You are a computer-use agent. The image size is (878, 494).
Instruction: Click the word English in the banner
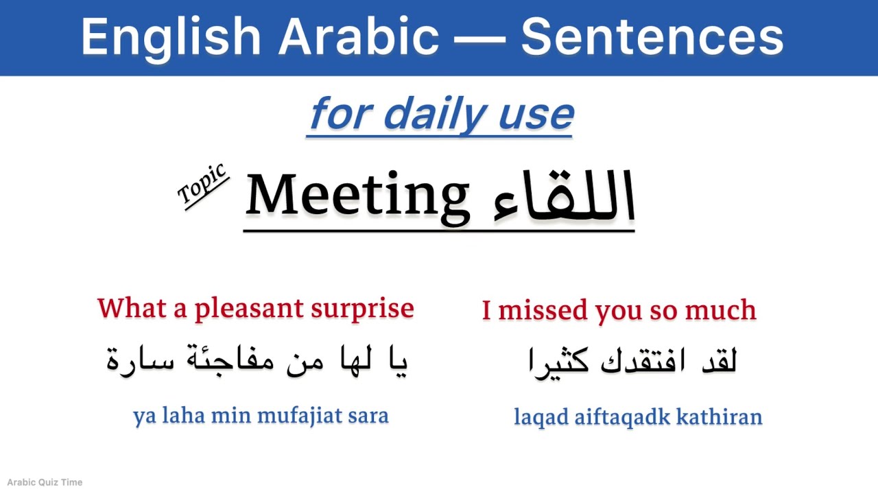pyautogui.click(x=171, y=37)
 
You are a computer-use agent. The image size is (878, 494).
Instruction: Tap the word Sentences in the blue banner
pyautogui.click(x=652, y=37)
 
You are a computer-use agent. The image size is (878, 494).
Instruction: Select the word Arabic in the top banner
pyautogui.click(x=358, y=37)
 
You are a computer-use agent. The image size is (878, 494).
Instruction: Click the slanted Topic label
pyautogui.click(x=202, y=185)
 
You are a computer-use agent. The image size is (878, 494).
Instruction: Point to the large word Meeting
pyautogui.click(x=357, y=196)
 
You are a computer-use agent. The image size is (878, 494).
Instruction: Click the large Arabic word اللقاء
pyautogui.click(x=564, y=198)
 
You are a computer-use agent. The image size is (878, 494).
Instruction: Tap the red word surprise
pyautogui.click(x=362, y=309)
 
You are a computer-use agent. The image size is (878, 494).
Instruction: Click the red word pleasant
pyautogui.click(x=248, y=309)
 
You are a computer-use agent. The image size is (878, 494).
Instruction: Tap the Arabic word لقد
pyautogui.click(x=717, y=360)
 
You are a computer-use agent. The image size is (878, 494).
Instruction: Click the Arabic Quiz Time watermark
pyautogui.click(x=45, y=482)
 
